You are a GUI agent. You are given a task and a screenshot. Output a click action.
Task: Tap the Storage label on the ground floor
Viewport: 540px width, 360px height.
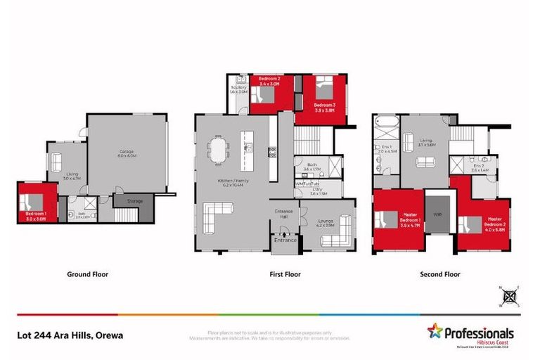coord(135,202)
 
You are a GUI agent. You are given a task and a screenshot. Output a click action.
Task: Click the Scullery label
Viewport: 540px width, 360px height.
coord(238,89)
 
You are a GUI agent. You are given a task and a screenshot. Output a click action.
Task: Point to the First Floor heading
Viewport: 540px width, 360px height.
coord(286,274)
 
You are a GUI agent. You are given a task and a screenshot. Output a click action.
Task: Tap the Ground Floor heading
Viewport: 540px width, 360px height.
coord(87,274)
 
